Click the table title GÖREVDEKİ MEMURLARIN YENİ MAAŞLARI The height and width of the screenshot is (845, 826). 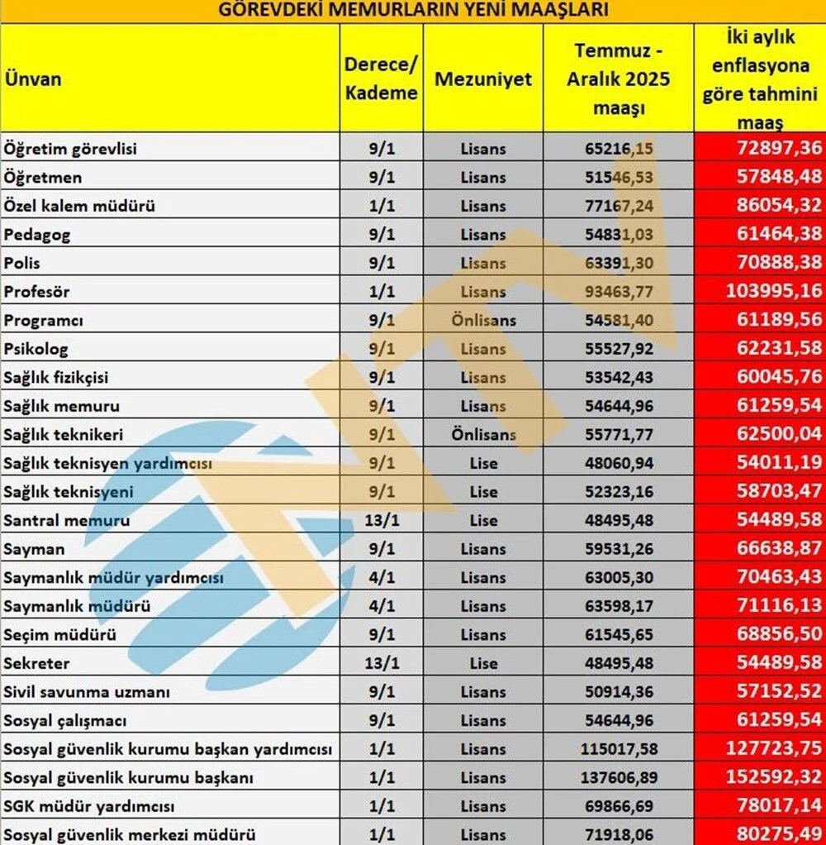[x=413, y=11]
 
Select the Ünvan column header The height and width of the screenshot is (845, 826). [x=33, y=79]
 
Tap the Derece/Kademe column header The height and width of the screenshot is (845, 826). [x=381, y=79]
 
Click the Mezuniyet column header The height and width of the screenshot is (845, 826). [x=483, y=79]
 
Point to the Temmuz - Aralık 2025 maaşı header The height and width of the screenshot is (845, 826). [x=618, y=79]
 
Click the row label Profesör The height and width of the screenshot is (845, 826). [x=36, y=292]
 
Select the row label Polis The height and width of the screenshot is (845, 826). [x=22, y=264]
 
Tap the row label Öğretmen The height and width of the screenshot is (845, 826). [x=43, y=178]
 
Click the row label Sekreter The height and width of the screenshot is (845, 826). [x=37, y=663]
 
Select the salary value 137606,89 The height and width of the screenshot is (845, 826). [x=618, y=778]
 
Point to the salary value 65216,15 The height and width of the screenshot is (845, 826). [x=618, y=150]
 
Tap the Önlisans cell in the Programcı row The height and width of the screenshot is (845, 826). [x=483, y=321]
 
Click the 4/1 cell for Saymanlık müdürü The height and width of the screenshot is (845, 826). [x=381, y=606]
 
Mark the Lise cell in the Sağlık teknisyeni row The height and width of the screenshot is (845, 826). [x=483, y=492]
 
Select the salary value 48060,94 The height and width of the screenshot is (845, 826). [x=618, y=464]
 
